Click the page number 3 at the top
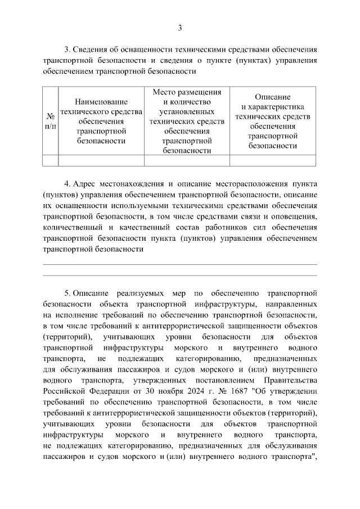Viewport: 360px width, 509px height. [180, 28]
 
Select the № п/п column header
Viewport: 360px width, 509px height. [50, 121]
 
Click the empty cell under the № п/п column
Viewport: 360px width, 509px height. [50, 160]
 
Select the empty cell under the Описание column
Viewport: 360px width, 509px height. [272, 160]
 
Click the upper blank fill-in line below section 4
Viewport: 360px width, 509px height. [180, 264]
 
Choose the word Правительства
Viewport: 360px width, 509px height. [287, 381]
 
